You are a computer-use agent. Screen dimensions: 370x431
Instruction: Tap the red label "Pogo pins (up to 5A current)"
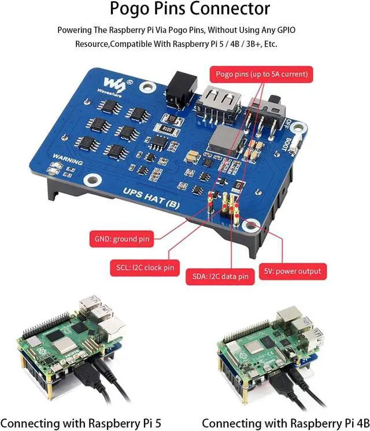[261, 75]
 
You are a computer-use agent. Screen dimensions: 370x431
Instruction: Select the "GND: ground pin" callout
[123, 239]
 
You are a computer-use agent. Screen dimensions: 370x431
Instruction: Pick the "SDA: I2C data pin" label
[220, 277]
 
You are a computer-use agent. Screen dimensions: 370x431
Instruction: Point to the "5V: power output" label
[293, 270]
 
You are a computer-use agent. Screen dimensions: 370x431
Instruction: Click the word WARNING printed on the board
[65, 157]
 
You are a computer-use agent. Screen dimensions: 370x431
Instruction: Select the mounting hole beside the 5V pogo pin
[253, 226]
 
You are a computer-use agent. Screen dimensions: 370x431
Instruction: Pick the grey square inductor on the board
[223, 136]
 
